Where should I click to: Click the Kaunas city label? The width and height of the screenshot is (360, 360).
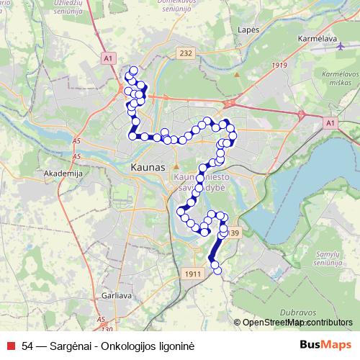tap(148, 167)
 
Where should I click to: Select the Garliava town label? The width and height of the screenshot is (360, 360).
tap(116, 294)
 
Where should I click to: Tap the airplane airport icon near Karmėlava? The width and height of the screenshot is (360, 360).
tap(340, 45)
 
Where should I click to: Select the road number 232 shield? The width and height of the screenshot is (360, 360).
tap(186, 53)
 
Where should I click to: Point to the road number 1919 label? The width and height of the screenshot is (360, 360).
tap(278, 66)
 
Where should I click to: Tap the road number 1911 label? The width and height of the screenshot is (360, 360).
tap(192, 274)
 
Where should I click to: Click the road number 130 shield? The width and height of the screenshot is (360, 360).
tap(107, 329)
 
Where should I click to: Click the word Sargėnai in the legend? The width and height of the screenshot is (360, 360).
tap(71, 346)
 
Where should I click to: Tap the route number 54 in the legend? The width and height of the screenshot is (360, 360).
tap(27, 346)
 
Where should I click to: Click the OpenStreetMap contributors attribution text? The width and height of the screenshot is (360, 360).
tap(297, 323)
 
